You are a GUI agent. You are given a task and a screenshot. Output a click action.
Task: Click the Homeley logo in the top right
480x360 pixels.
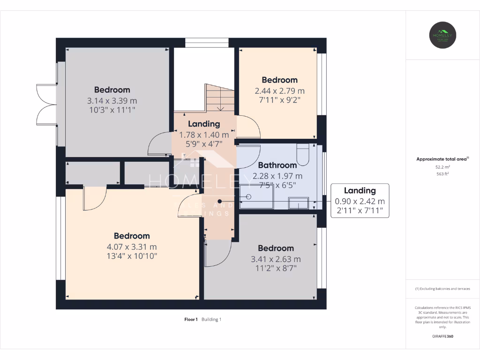pos(443,35)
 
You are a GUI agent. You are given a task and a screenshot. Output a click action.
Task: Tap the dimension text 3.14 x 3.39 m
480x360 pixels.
pos(112,101)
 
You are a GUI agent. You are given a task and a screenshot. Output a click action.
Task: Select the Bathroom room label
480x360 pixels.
pos(277,165)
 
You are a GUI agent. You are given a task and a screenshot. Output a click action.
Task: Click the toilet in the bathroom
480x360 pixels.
pos(303,155)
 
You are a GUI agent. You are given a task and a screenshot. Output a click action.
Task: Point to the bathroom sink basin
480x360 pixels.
pos(298,203)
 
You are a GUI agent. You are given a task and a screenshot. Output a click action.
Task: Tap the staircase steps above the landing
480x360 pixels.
pos(219,97)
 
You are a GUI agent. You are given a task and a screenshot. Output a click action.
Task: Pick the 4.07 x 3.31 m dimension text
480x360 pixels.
pos(132,247)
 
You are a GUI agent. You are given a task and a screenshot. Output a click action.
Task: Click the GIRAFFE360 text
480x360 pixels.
pos(442,336)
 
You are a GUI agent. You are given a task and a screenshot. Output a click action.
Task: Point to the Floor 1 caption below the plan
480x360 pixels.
pos(191,320)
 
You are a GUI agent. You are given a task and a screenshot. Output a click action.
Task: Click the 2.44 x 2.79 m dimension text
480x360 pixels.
pos(279,91)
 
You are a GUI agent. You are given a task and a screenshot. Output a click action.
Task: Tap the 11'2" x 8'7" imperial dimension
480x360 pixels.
pos(276,268)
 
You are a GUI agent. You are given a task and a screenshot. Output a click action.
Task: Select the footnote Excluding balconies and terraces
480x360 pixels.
pos(442,289)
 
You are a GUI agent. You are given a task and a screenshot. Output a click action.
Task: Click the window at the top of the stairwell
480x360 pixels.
pos(207,43)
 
